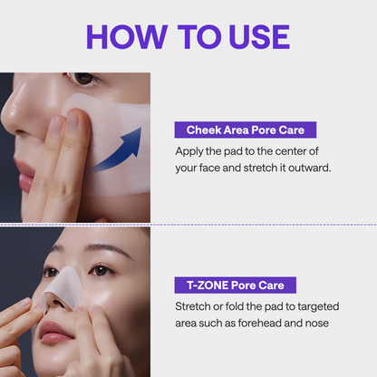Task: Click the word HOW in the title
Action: click(127, 37)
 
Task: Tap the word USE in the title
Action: click(259, 37)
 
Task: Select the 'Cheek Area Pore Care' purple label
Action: click(246, 130)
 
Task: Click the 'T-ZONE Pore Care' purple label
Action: click(236, 285)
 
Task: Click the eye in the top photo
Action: click(83, 78)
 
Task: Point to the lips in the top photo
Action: click(24, 175)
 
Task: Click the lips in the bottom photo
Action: click(55, 333)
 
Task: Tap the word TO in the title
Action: click(199, 37)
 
